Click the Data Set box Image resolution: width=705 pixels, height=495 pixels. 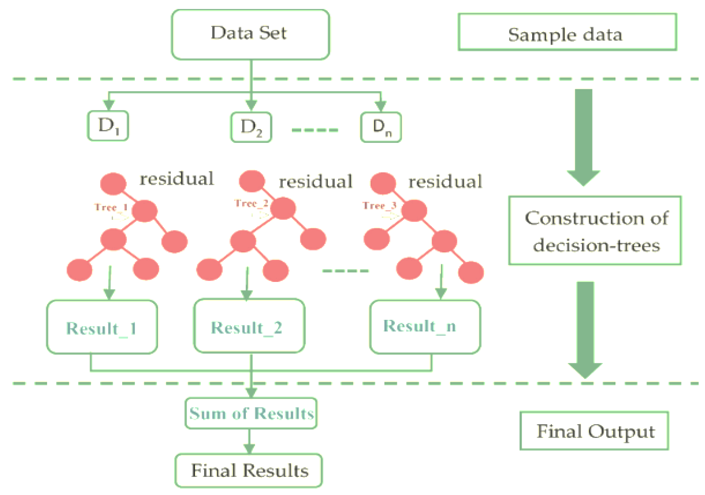click(250, 34)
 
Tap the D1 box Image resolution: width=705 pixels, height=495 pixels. click(108, 126)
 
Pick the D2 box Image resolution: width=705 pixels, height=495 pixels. click(251, 127)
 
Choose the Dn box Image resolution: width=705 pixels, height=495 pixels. click(381, 127)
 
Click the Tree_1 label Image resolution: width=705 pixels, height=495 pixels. click(111, 207)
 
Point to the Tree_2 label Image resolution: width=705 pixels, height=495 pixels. click(251, 204)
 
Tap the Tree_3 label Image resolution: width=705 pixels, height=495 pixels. click(379, 206)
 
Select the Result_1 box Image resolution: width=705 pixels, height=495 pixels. click(102, 327)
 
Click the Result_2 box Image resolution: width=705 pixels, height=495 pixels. click(249, 326)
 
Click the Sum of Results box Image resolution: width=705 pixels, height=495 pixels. click(251, 413)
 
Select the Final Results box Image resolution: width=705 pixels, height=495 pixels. click(249, 470)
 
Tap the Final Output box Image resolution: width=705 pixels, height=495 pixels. click(594, 431)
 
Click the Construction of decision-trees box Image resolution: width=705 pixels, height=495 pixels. click(595, 231)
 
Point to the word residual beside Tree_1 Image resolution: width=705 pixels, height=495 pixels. click(177, 179)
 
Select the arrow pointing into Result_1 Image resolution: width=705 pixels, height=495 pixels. click(109, 283)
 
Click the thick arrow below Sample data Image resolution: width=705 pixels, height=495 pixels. click(583, 136)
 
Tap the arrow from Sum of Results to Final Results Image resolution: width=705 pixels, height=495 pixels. click(249, 441)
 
